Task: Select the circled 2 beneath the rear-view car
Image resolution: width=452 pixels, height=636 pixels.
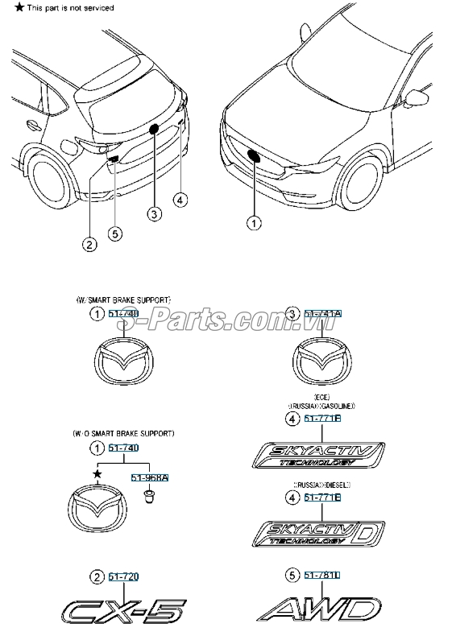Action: [89, 243]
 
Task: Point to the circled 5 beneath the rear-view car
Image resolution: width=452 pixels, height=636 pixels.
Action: [115, 233]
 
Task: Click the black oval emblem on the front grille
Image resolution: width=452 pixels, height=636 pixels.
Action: [253, 156]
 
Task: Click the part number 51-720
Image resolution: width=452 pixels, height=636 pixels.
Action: [123, 576]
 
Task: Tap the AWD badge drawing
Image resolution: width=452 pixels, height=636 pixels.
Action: [318, 609]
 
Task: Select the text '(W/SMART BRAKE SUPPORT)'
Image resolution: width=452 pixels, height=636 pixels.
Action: [123, 299]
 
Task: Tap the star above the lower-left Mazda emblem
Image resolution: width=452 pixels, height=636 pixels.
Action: [97, 475]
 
